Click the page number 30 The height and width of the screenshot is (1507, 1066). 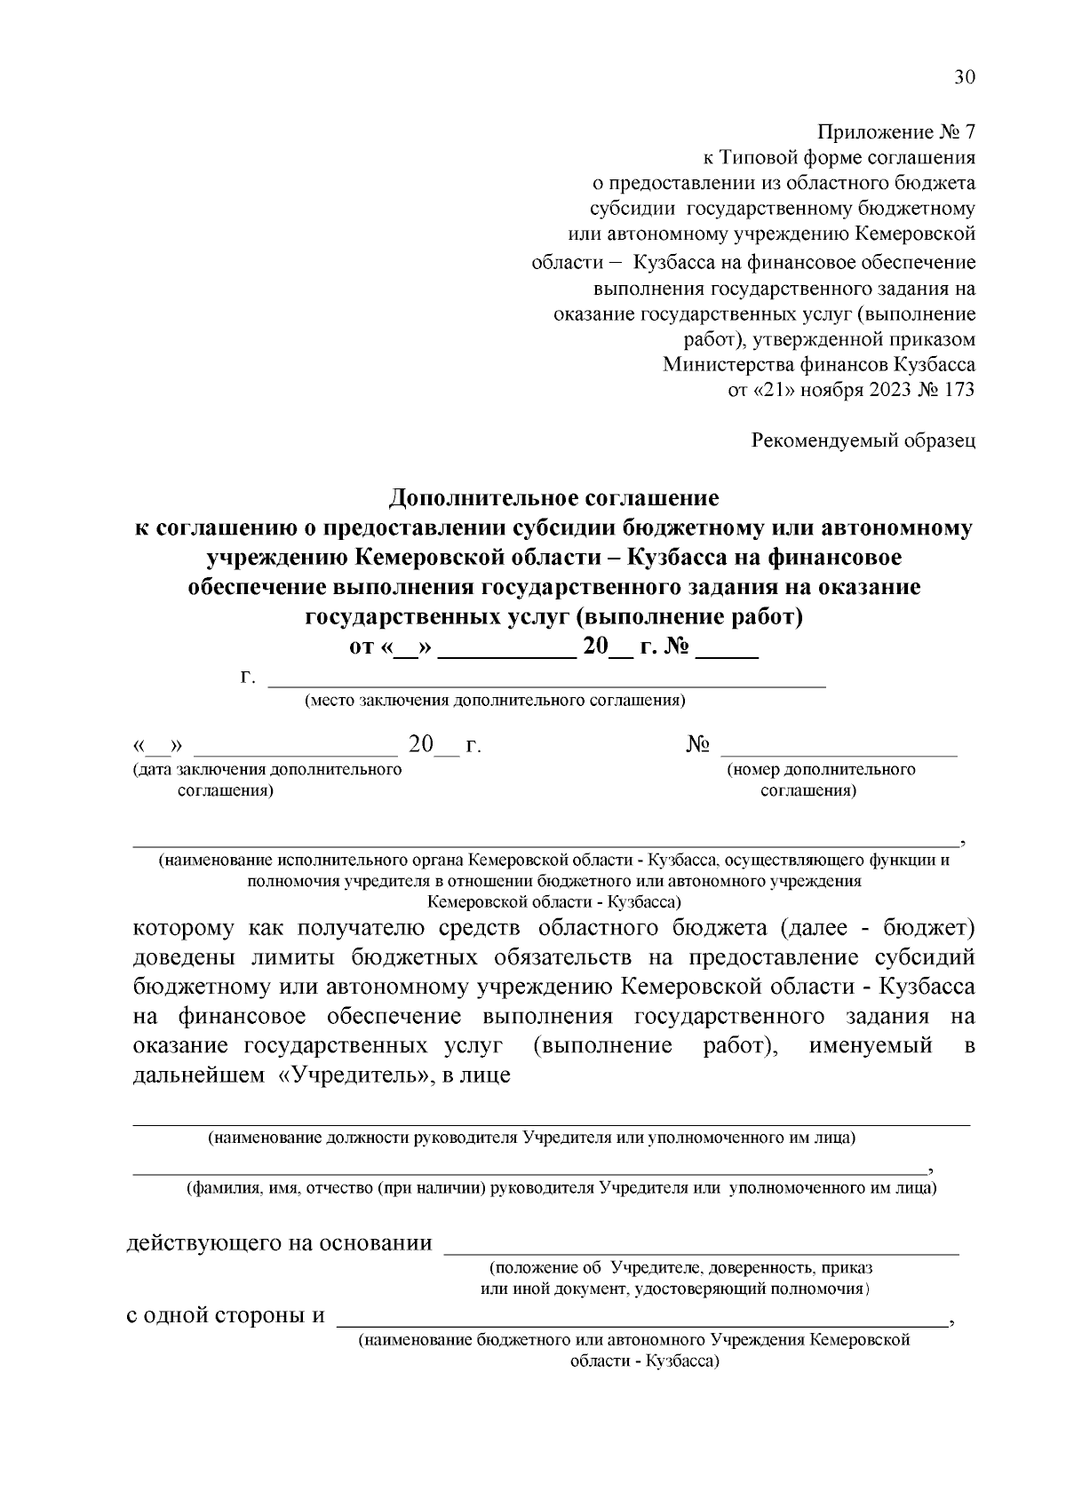click(x=965, y=77)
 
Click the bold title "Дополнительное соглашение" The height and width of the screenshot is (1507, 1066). click(x=554, y=496)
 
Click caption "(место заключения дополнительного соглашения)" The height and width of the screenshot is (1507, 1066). click(x=495, y=701)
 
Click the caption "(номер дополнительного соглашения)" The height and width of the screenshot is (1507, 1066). click(x=821, y=780)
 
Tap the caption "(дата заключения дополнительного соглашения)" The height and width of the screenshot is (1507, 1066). click(x=266, y=780)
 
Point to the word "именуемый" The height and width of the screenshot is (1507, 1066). click(x=871, y=1045)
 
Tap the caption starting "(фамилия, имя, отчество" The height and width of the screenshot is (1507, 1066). click(x=561, y=1188)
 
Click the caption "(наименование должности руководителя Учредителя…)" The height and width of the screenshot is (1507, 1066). click(x=531, y=1138)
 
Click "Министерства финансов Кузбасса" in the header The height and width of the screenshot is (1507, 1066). click(x=819, y=364)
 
